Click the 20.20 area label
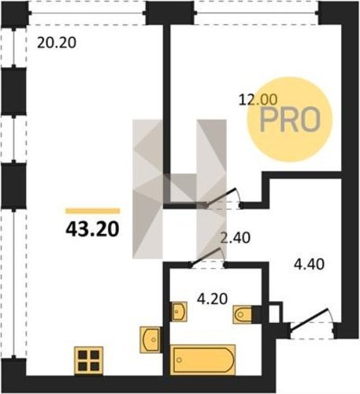[57, 43]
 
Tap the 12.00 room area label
[258, 100]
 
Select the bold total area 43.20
[92, 229]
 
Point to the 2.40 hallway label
[235, 238]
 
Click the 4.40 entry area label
[309, 264]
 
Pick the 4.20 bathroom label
[212, 299]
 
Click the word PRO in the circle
[290, 120]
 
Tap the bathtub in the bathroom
[203, 360]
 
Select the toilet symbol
[243, 314]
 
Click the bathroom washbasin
[179, 311]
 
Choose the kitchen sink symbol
[150, 340]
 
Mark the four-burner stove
[89, 360]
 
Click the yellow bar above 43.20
[93, 211]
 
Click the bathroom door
[207, 258]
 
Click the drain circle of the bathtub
[180, 360]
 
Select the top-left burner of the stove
[83, 355]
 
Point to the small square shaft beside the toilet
[275, 313]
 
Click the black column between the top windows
[171, 13]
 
